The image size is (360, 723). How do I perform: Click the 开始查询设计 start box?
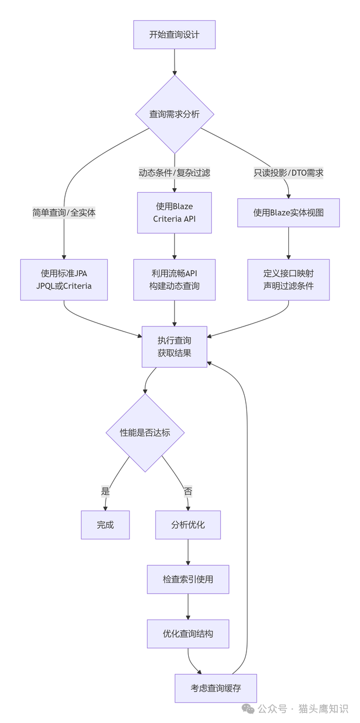click(174, 34)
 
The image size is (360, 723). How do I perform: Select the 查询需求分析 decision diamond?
click(174, 114)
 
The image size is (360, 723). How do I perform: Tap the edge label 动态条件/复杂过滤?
click(174, 173)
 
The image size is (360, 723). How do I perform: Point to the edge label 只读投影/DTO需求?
click(288, 173)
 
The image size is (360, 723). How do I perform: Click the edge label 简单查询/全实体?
click(64, 212)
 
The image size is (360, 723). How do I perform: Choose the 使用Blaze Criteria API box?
click(174, 212)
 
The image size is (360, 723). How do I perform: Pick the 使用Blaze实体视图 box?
click(288, 212)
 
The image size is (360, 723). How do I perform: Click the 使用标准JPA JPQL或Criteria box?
click(64, 280)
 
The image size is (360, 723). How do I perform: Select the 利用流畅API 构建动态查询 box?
click(174, 280)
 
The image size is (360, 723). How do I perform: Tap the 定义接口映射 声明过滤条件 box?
click(288, 280)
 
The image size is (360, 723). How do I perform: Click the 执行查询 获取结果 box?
click(174, 347)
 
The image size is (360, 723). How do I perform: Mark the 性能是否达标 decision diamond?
click(145, 433)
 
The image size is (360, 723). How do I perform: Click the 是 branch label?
click(105, 491)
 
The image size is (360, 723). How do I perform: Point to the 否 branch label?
click(188, 491)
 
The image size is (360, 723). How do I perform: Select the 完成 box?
click(105, 525)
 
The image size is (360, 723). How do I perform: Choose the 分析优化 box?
click(188, 525)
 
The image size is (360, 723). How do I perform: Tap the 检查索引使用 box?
click(188, 579)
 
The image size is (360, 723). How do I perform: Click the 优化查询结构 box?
click(188, 634)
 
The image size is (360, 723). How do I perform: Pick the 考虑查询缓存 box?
click(215, 688)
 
